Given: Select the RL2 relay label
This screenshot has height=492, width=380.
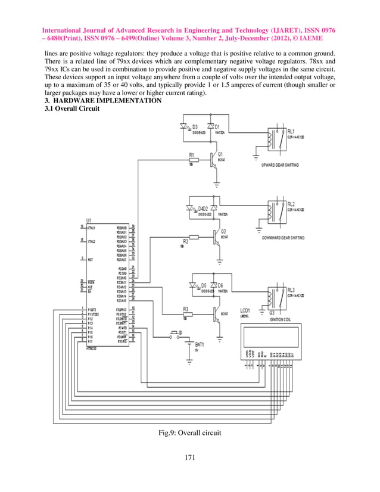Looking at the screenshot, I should coord(291,204).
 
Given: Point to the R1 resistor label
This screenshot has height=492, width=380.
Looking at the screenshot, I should coord(192,155).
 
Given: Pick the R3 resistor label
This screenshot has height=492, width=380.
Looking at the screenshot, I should coord(185,309).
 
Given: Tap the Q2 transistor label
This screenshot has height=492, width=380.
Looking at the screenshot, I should coord(223,231).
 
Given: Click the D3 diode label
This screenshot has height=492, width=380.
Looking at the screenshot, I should coord(195,127).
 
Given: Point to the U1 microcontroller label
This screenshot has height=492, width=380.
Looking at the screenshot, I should coord(89,220).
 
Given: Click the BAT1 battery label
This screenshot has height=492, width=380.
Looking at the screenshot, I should coord(200,344).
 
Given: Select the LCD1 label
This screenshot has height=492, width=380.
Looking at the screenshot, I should coord(245,311).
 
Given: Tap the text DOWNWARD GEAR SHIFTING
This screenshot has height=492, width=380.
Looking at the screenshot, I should coord(283,237).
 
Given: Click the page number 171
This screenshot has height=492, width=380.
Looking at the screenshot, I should coord(189,457).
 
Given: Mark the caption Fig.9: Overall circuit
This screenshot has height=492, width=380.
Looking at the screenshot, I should coord(189,432).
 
